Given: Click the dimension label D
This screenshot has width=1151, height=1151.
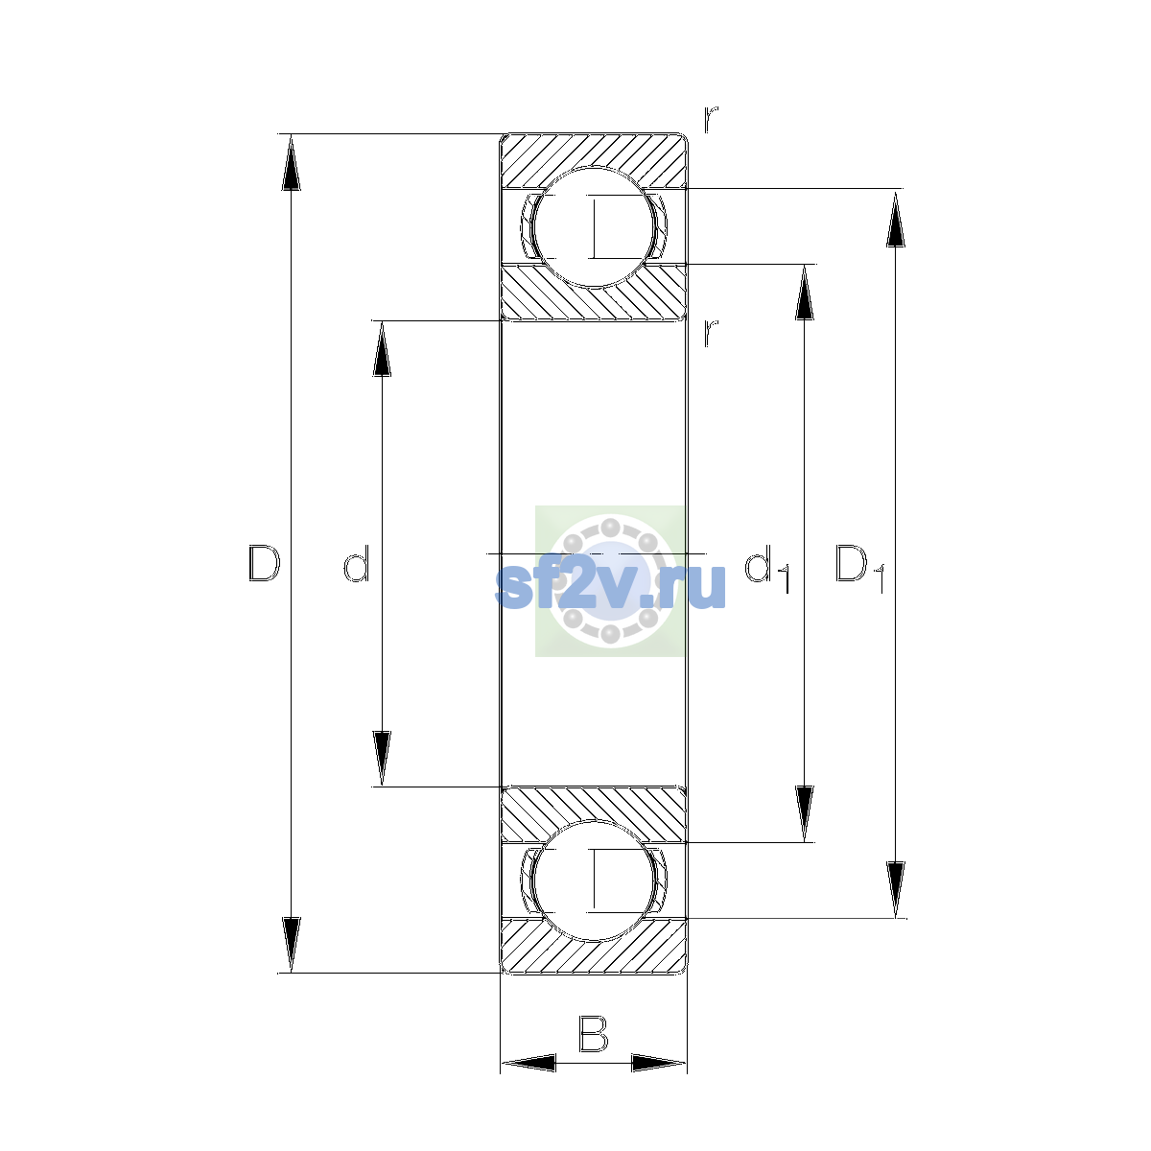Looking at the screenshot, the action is tap(265, 563).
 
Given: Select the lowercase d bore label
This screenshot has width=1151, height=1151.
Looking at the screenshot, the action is tap(357, 563).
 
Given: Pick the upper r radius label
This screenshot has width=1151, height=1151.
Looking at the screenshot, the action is tap(711, 120).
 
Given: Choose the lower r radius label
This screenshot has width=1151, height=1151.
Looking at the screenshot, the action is tap(711, 333).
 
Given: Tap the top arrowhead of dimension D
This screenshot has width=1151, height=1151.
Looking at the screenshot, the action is tap(291, 162).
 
